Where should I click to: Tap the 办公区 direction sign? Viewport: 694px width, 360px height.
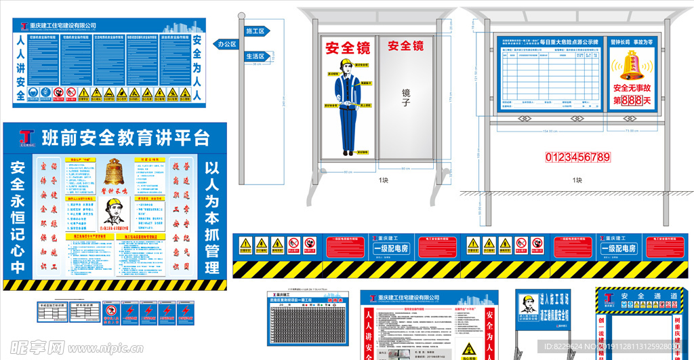click(226, 44)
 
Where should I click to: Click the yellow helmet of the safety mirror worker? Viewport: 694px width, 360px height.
click(346, 64)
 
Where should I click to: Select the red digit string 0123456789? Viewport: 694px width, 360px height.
click(578, 157)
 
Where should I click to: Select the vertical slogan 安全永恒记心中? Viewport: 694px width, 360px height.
click(18, 217)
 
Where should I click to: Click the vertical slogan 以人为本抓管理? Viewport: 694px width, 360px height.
click(213, 217)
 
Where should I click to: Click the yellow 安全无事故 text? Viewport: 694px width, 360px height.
click(632, 87)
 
